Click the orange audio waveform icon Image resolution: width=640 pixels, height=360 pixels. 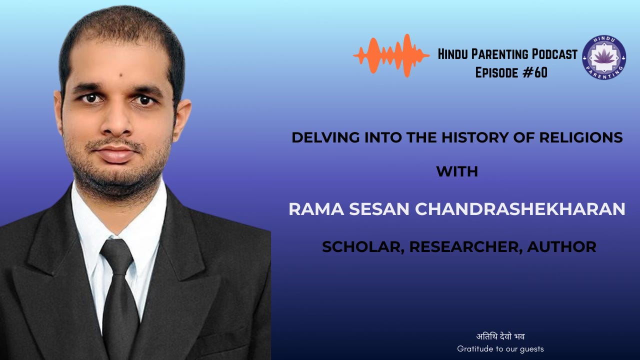391,55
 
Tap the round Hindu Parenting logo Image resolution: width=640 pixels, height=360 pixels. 604,57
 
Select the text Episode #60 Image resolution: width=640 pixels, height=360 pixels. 511,73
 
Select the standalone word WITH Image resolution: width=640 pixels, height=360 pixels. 457,172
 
